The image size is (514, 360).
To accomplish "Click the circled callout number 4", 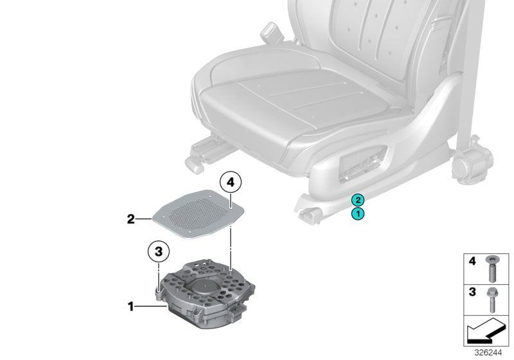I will (x=232, y=184).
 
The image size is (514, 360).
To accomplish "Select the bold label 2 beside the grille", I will (x=130, y=219).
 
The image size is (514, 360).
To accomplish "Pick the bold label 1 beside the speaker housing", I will (x=131, y=307).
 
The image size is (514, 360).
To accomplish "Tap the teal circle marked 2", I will (x=357, y=200).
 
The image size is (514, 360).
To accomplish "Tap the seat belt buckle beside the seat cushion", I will (x=269, y=32).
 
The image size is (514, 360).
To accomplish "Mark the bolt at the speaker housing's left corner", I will (x=159, y=292).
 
